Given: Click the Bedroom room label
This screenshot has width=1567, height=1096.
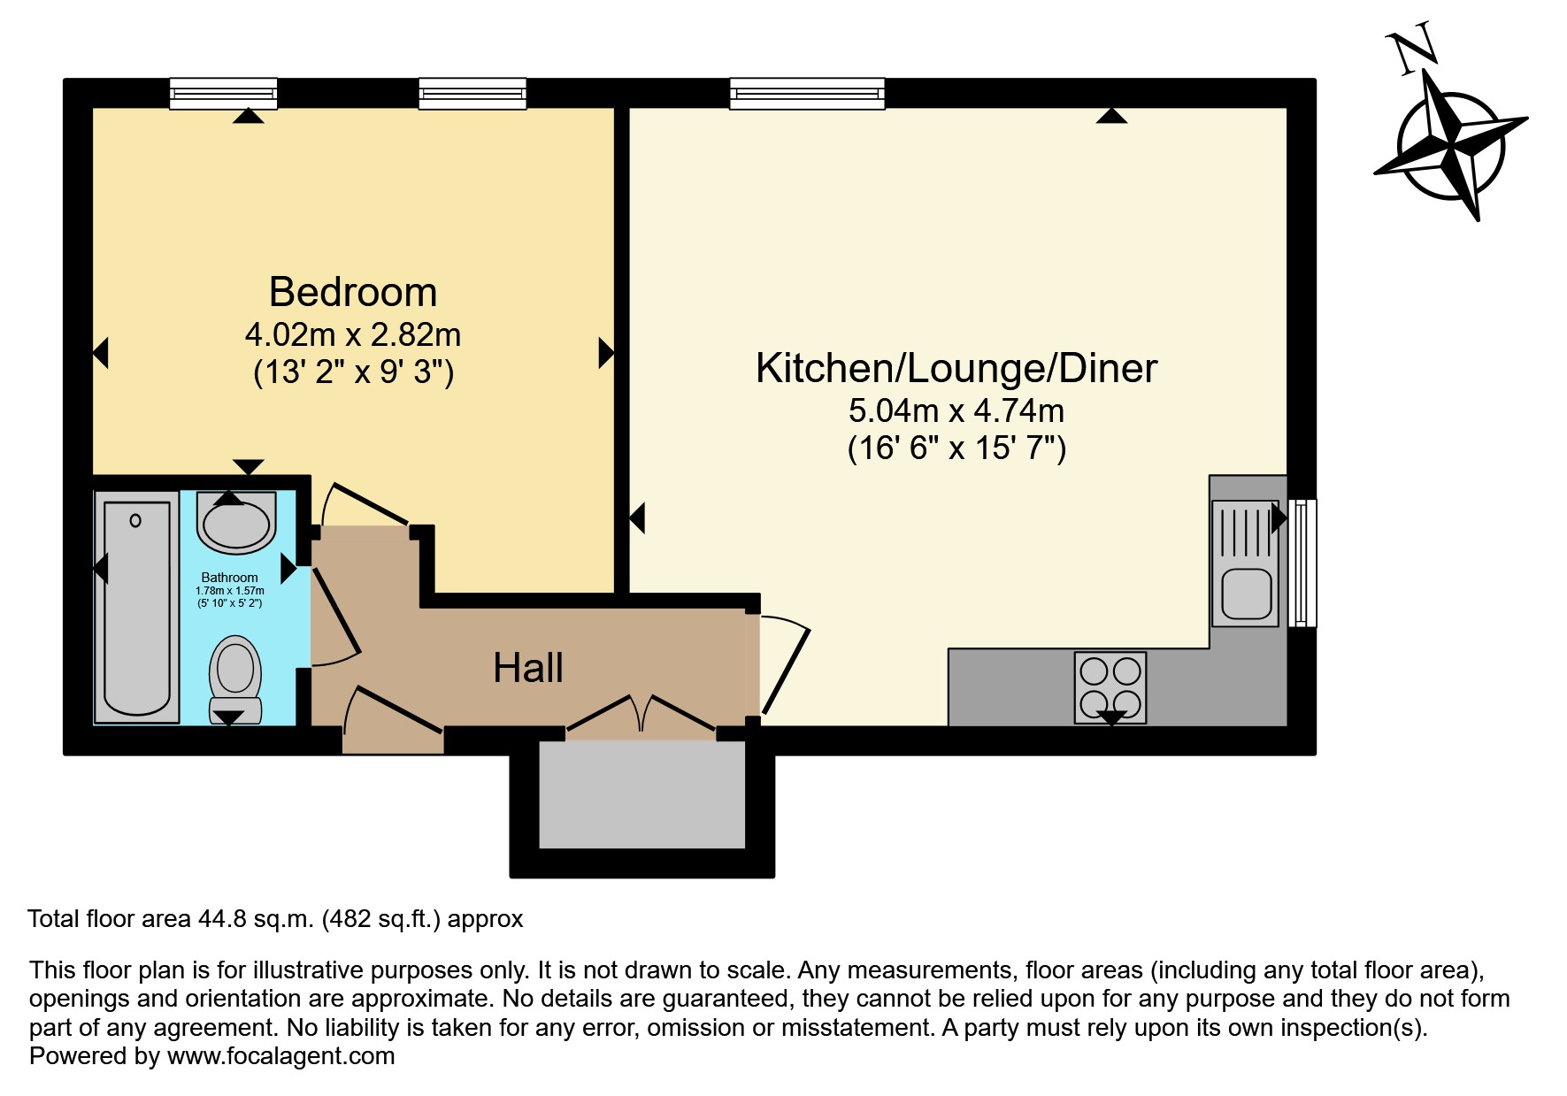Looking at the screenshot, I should tap(353, 292).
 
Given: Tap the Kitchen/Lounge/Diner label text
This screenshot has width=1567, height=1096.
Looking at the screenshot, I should tap(956, 368).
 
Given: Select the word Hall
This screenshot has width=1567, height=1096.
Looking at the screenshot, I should tap(527, 668).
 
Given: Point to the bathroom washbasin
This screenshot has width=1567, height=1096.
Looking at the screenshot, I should tap(234, 523).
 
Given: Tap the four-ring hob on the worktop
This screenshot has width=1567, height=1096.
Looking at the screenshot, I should tap(1110, 686).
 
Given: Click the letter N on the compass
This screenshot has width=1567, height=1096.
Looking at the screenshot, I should tap(1412, 51).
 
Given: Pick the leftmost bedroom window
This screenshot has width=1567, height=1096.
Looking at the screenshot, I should tap(223, 93).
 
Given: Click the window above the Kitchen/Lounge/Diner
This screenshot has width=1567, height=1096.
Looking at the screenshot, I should tap(806, 93).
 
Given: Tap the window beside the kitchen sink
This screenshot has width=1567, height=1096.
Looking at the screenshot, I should tap(1302, 563).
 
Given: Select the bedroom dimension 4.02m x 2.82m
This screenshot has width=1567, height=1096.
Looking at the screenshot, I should tap(353, 335).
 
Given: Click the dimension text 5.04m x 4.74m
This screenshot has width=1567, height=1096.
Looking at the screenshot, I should tap(956, 410).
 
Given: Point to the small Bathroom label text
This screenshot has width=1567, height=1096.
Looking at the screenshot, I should tap(229, 578).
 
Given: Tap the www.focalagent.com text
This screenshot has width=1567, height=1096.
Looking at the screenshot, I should tap(280, 1055).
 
